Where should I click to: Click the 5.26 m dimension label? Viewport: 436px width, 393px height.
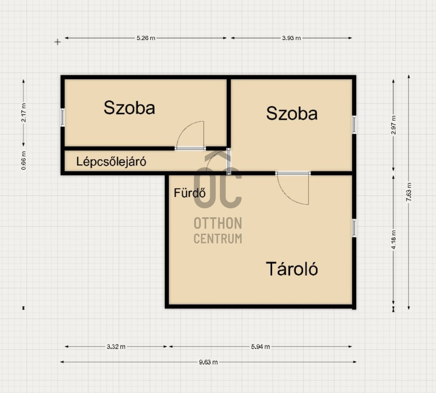tap(146, 38)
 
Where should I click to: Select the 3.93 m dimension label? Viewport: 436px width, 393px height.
tap(291, 38)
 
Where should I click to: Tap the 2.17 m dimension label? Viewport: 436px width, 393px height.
tap(24, 113)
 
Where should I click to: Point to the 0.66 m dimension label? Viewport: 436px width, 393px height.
tap(24, 160)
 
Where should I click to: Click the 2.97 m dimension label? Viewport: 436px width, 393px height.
tap(393, 125)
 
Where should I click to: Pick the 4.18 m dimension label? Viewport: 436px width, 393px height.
tap(393, 240)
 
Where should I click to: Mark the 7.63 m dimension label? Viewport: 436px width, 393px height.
tap(409, 192)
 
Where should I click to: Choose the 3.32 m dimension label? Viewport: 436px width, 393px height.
tap(116, 346)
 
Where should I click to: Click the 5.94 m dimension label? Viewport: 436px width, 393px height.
tap(260, 346)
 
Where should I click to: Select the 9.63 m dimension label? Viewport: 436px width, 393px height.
tap(208, 362)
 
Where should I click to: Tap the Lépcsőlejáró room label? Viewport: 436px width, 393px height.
tap(111, 162)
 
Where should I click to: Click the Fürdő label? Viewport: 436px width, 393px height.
tap(190, 192)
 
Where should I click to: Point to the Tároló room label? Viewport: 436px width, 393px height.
tap(292, 269)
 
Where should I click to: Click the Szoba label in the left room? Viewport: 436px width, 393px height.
tap(129, 108)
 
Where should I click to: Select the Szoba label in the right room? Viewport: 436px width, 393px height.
tap(292, 113)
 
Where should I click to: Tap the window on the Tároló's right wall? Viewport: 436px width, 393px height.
tap(354, 228)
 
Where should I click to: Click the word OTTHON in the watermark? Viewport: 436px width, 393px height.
tap(218, 223)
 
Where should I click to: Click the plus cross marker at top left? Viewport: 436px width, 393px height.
tap(58, 42)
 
